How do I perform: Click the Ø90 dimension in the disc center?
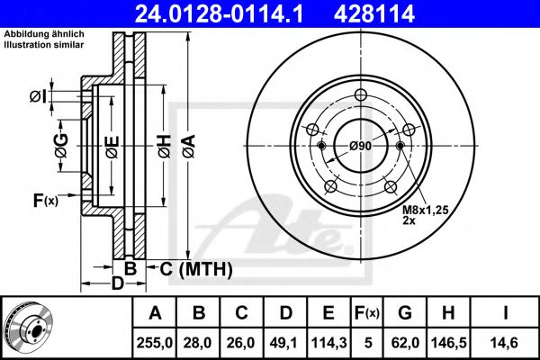tap(361, 147)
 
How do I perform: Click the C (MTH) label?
tap(195, 268)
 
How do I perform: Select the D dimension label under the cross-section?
tap(117, 285)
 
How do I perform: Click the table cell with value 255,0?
tap(155, 343)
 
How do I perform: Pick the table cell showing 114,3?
tap(328, 343)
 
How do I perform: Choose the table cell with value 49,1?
tap(285, 343)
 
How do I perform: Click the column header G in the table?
tap(406, 313)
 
